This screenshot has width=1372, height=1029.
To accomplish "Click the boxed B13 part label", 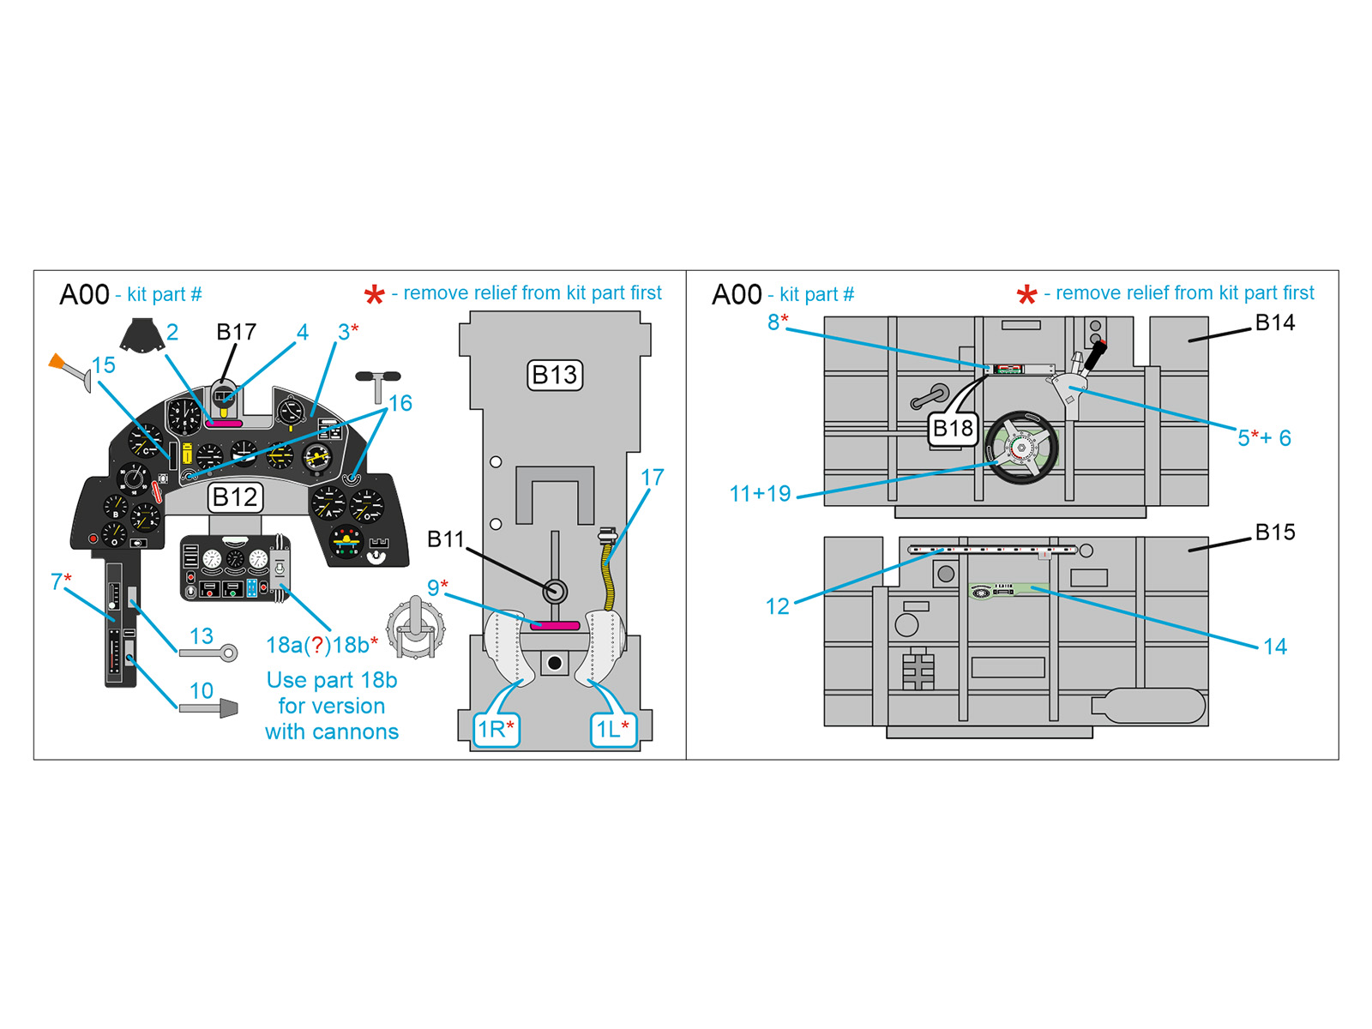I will click(x=555, y=375).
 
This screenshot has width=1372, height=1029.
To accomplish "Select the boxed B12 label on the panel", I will click(x=235, y=497).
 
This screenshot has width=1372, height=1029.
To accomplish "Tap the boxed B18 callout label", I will click(x=953, y=429).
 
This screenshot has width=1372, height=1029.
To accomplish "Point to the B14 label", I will click(x=1274, y=322).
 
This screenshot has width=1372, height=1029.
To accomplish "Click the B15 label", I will click(x=1274, y=532).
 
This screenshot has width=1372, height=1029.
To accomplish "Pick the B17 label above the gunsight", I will click(x=236, y=332).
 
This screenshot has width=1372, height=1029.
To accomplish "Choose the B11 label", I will click(x=445, y=539).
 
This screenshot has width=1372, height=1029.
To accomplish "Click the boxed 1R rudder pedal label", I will click(x=496, y=730).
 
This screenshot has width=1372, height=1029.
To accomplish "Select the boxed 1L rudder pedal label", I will click(x=612, y=730).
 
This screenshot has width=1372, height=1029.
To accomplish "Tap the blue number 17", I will click(x=652, y=478).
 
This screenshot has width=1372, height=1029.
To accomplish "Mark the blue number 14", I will click(x=1274, y=647).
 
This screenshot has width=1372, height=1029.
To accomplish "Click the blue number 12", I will click(x=777, y=606).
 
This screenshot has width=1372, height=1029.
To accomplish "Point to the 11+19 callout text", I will click(x=760, y=494).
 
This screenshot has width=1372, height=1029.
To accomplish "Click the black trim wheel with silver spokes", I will click(x=1020, y=448).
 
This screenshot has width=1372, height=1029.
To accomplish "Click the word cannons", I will click(x=358, y=731).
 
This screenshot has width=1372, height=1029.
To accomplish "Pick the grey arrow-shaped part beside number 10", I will click(x=209, y=707).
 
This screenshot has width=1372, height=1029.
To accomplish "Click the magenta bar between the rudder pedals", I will click(x=555, y=626).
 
